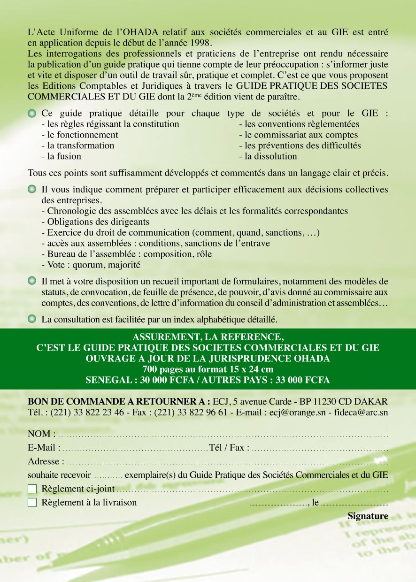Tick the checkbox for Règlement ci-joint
click(32, 489)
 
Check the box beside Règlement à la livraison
click(32, 503)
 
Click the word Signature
click(368, 516)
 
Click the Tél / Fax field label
click(229, 447)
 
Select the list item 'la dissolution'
click(268, 156)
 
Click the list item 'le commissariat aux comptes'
click(298, 135)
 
